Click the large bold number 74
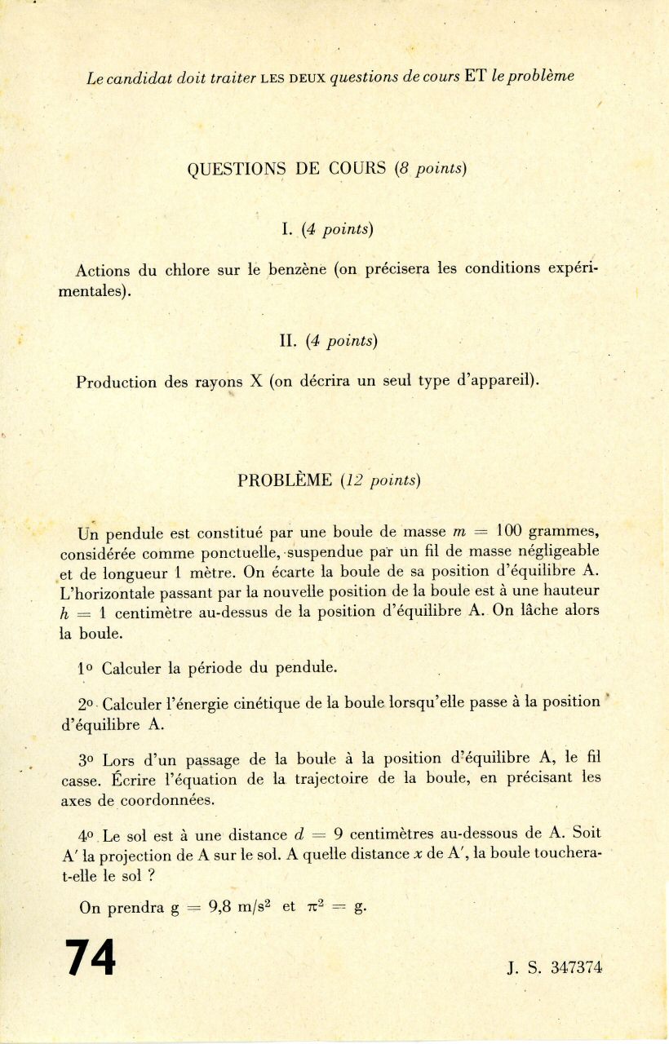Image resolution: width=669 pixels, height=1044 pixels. point(91,957)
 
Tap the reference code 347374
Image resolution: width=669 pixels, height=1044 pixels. point(576,968)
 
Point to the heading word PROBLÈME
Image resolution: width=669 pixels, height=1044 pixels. point(285,480)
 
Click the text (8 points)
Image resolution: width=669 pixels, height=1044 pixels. point(430,169)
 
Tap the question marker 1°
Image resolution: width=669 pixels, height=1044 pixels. point(86,667)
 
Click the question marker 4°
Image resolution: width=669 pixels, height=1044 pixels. point(87,834)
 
